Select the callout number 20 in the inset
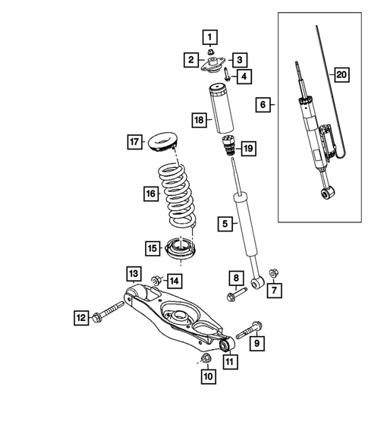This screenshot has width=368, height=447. click(x=341, y=74)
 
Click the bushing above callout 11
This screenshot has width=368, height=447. click(x=225, y=346)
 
